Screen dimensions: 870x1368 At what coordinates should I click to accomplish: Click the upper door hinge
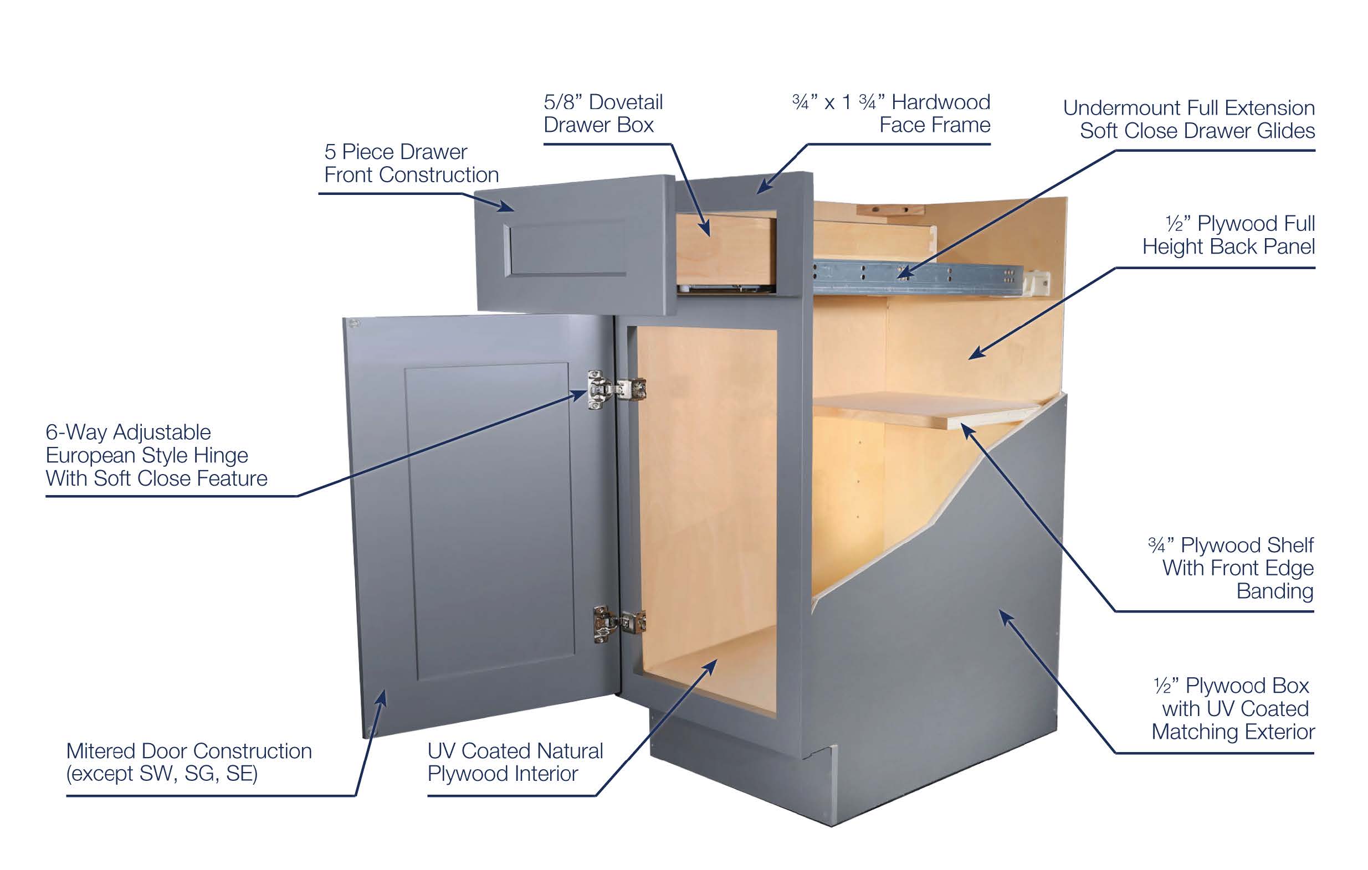coord(616,389)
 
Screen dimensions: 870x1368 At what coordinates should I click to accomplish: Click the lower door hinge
coord(619,623)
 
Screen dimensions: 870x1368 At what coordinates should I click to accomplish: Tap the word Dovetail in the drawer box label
coord(626,102)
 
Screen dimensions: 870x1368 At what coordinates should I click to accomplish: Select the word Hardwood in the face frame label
coord(941,102)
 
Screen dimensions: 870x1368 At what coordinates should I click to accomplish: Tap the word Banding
coord(1275,591)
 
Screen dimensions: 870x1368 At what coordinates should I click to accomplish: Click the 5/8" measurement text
coord(563,102)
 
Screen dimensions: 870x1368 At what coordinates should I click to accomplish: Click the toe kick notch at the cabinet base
coord(829,764)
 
